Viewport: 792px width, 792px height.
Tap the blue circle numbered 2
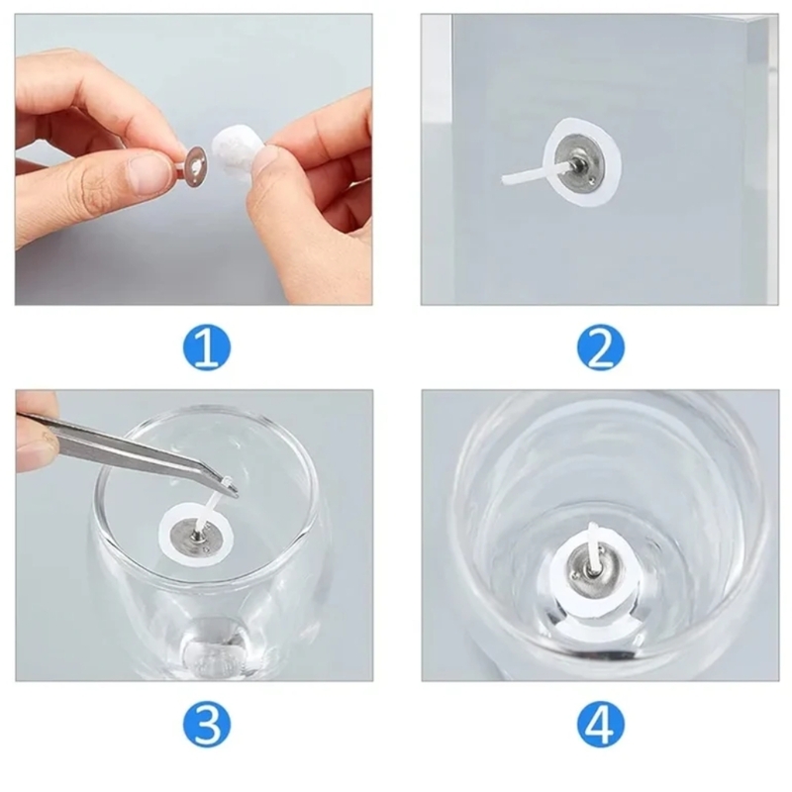pyautogui.click(x=601, y=347)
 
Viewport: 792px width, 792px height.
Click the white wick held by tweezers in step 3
pyautogui.click(x=211, y=505)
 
